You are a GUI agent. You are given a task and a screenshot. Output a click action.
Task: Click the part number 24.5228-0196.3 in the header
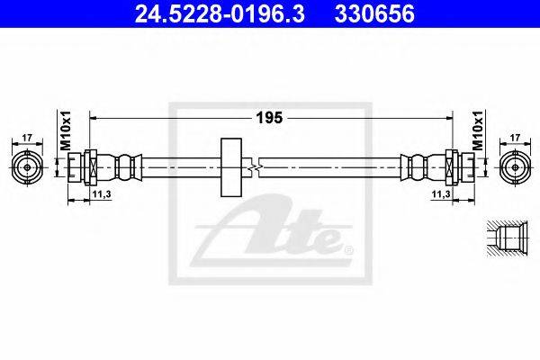tap(220, 14)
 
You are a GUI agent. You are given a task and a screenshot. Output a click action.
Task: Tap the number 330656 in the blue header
tap(374, 14)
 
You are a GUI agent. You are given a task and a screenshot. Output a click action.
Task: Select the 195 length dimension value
tap(269, 118)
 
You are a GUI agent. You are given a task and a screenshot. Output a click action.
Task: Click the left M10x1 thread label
tap(66, 130)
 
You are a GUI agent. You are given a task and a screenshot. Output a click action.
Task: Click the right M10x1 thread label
tap(478, 130)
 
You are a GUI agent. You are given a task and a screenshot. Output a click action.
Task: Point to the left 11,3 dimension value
tap(101, 194)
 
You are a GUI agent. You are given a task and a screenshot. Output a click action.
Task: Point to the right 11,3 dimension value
tap(441, 194)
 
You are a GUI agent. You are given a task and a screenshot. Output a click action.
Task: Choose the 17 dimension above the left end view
tap(27, 138)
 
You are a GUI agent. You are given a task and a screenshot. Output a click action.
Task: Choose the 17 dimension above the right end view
tap(515, 138)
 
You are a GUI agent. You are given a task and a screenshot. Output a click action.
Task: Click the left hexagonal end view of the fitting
tap(27, 167)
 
